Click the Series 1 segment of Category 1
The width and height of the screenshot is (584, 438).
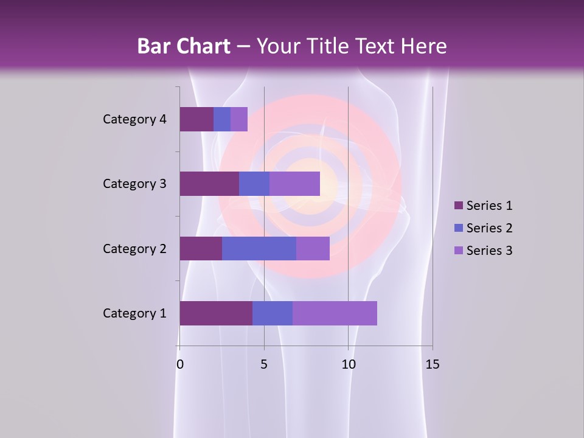point(216,313)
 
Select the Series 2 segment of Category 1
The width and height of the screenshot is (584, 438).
point(273,313)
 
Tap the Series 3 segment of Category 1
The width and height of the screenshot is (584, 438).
point(335,313)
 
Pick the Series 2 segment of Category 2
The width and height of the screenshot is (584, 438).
point(259,248)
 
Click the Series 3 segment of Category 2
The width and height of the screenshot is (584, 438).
point(313,248)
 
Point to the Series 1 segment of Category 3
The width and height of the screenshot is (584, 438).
point(209,184)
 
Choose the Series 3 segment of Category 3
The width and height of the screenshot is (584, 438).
point(294,184)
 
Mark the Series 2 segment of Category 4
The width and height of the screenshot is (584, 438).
point(222,119)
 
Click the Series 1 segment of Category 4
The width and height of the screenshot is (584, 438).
point(196,119)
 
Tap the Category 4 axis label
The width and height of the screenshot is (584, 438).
point(134,119)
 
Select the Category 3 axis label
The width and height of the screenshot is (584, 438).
point(134,184)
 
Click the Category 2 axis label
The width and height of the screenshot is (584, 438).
point(134,249)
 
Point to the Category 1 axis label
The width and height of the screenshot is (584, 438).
point(134,313)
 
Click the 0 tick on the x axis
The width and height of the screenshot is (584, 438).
point(180,364)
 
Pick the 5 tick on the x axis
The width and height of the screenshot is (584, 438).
point(264,364)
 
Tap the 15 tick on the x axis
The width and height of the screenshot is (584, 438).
point(433,364)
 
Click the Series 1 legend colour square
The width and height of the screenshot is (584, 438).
point(458,206)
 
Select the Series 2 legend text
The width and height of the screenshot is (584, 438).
point(489,228)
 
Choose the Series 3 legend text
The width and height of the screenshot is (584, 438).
point(489,251)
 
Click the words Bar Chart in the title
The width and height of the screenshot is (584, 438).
point(184,46)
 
